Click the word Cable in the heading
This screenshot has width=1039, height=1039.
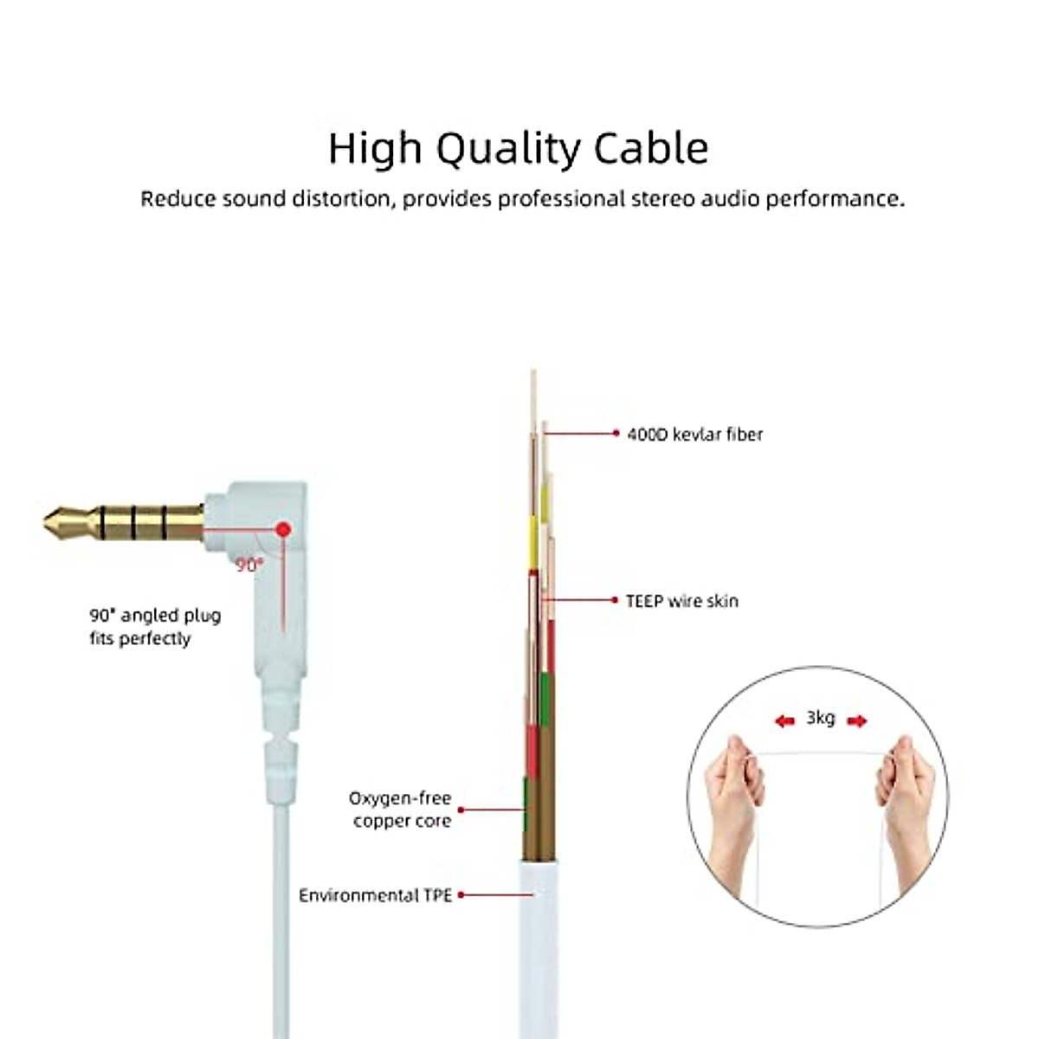(651, 148)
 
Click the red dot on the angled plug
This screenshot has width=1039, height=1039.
(283, 528)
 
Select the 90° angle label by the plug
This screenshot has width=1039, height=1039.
(248, 565)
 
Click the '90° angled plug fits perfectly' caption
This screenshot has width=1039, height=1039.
(155, 627)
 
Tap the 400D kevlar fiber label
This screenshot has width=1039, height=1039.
(694, 434)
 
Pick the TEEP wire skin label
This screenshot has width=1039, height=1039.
(682, 601)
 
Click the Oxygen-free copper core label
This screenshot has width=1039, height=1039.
(401, 810)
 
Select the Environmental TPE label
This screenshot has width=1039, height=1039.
(375, 895)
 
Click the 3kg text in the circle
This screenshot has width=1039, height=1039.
(820, 718)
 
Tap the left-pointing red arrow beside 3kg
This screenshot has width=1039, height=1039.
(784, 721)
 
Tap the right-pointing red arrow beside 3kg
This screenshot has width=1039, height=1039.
(856, 721)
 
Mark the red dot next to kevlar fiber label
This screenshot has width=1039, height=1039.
(616, 433)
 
